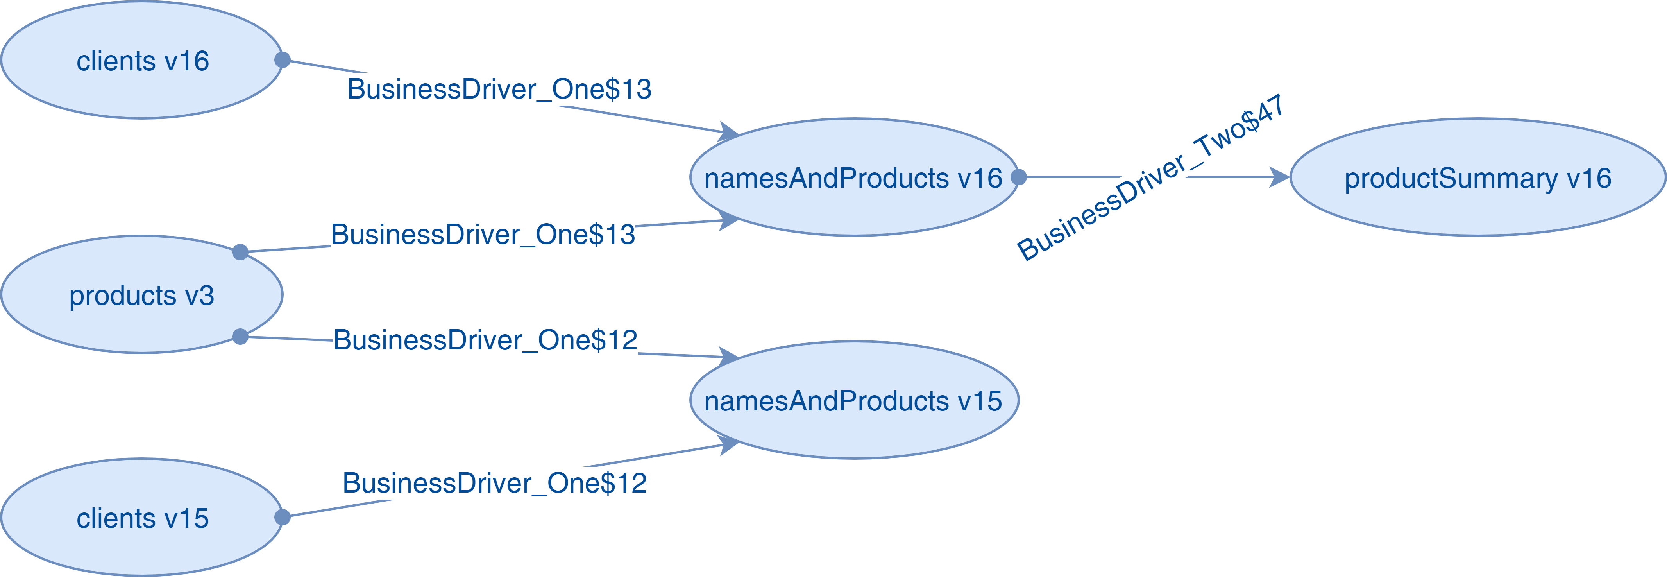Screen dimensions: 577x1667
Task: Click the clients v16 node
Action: tap(142, 61)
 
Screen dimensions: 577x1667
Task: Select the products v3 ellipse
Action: tap(142, 295)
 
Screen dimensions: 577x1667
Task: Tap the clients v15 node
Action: tap(142, 518)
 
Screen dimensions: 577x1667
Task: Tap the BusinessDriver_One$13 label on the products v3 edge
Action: tap(483, 235)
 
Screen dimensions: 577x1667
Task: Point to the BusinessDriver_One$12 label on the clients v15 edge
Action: tap(494, 483)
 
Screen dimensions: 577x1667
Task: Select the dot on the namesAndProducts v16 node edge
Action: tap(1019, 177)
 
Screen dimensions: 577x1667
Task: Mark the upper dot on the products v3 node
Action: tap(240, 252)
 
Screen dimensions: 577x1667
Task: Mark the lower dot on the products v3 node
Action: tap(240, 337)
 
